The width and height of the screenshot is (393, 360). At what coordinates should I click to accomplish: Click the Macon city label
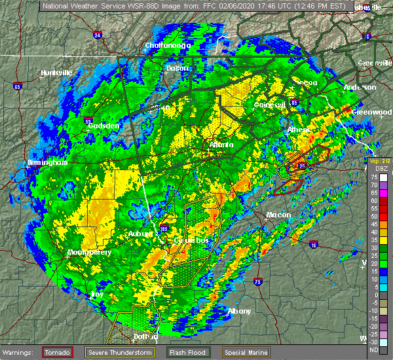278,214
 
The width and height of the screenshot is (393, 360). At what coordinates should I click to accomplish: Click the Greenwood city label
371,112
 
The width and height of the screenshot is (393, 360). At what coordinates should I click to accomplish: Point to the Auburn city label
140,234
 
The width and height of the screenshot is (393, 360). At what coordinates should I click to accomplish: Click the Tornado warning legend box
58,352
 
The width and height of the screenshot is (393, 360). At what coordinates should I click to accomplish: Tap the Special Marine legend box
245,352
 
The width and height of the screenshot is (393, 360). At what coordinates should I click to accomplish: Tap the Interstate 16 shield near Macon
314,245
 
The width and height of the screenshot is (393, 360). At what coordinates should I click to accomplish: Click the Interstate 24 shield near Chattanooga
98,35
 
